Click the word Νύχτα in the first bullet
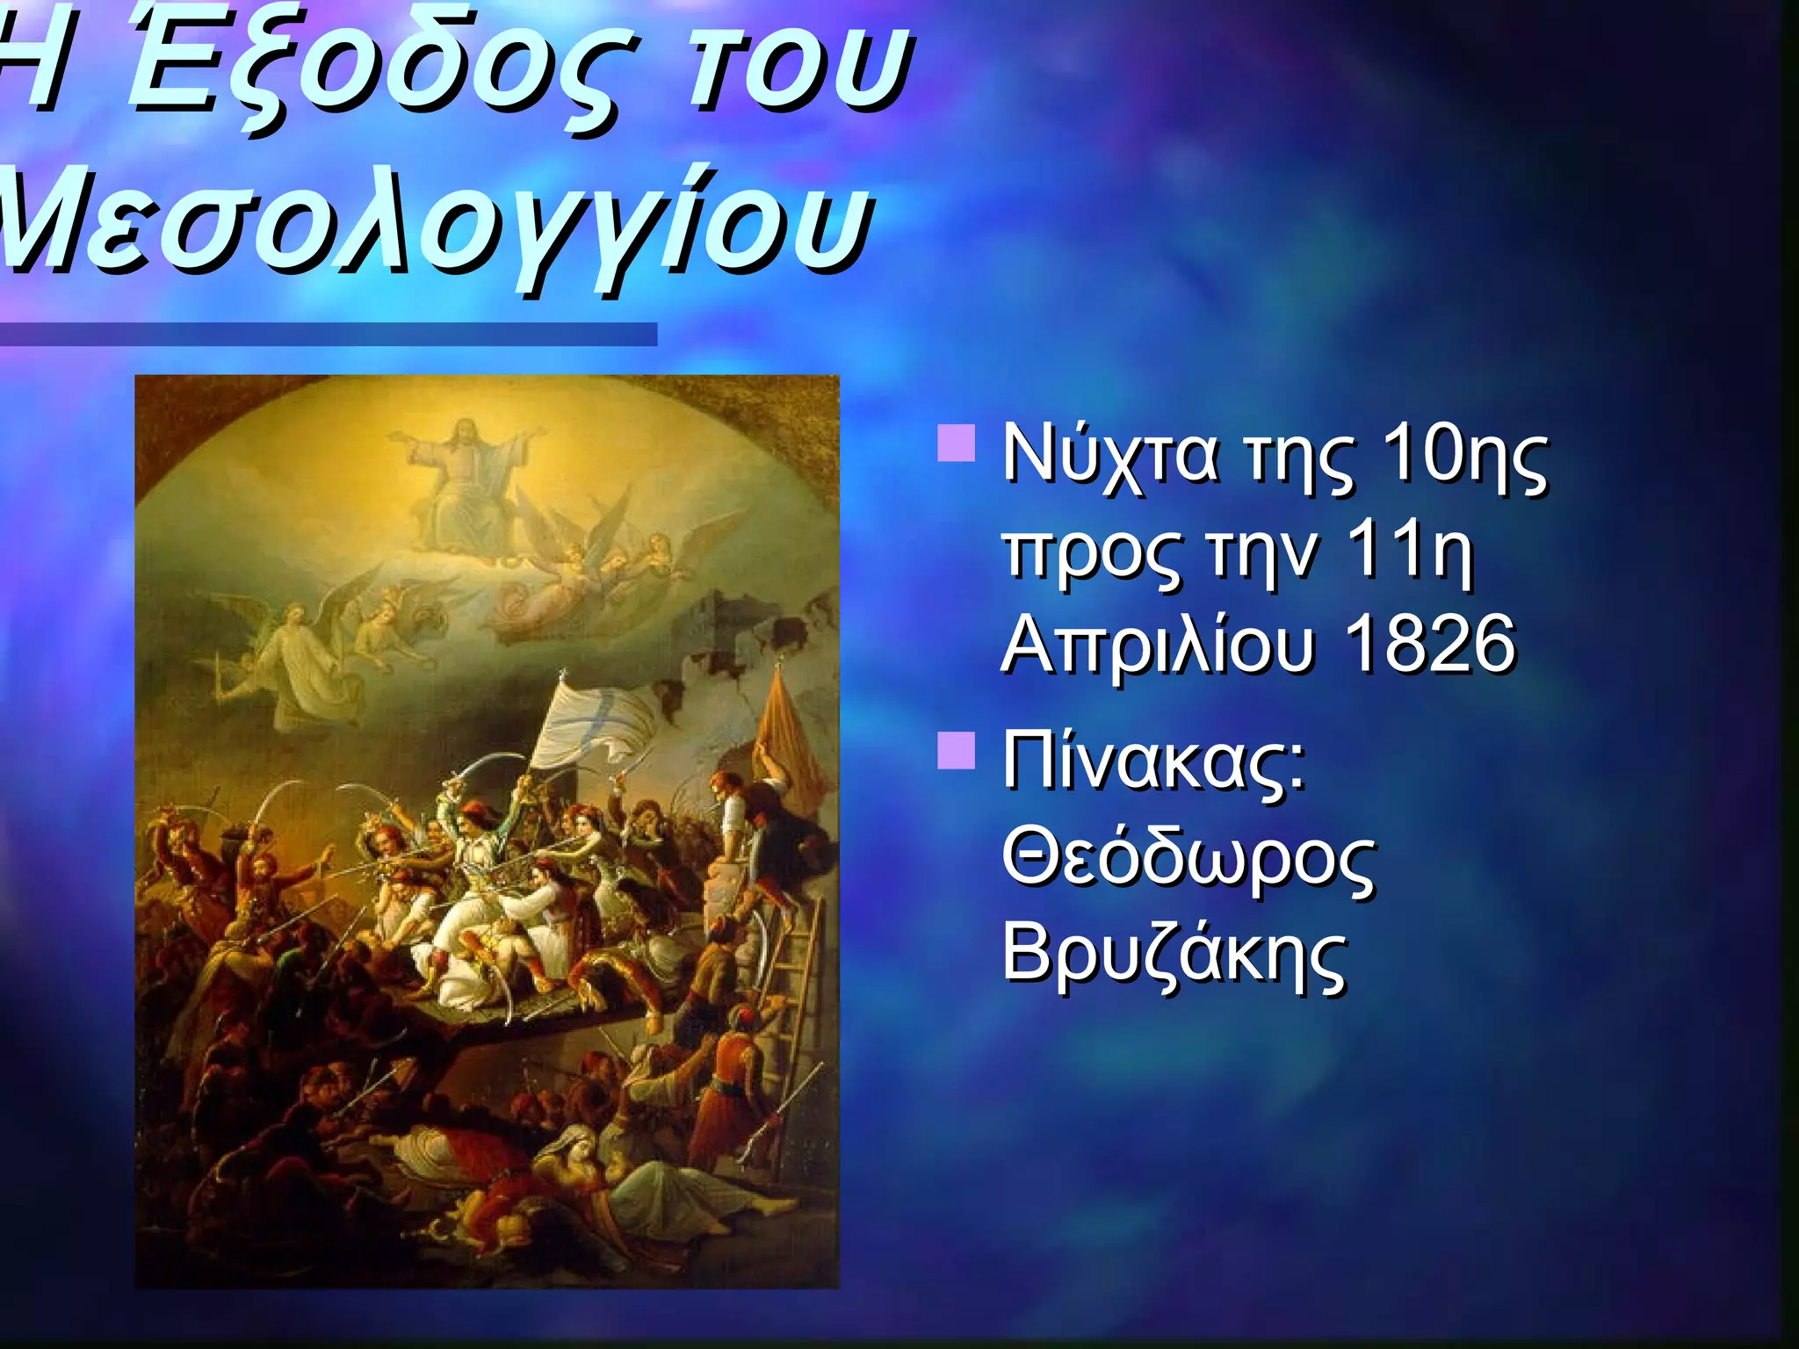(x=1110, y=457)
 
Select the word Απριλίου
(x=1159, y=646)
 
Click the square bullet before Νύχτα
(x=957, y=444)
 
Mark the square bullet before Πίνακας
(x=957, y=751)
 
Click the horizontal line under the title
(x=329, y=334)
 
